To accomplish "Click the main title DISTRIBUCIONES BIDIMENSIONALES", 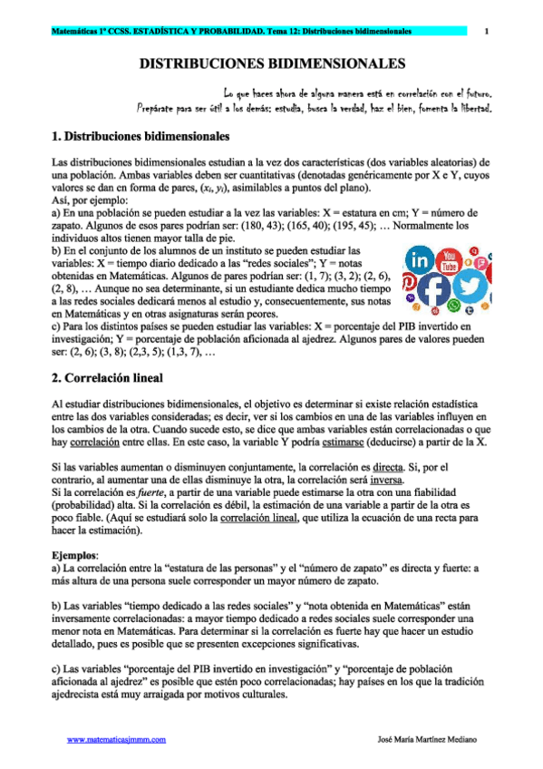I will (272, 65).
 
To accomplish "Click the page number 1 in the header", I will (487, 32).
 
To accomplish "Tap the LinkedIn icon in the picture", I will (421, 260).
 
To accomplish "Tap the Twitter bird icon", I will (470, 285).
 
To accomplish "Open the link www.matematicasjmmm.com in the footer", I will (117, 740).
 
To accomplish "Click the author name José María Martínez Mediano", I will (425, 740).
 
